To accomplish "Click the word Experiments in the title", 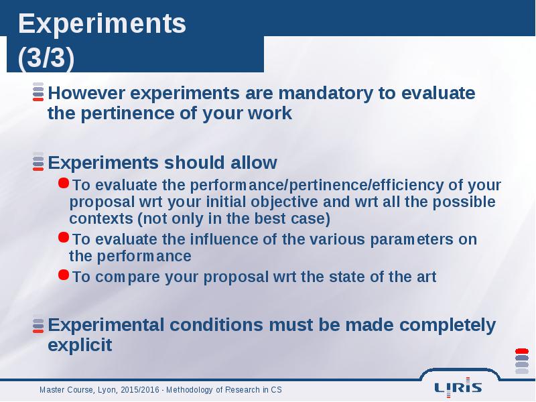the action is (x=102, y=24).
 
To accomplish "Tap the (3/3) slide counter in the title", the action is (x=46, y=58).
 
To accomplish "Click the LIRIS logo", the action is (x=458, y=388).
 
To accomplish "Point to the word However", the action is (x=86, y=93).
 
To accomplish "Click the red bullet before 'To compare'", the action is (x=64, y=275).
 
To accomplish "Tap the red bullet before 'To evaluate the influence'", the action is (x=64, y=237).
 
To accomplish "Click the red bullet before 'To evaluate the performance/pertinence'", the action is (x=64, y=183).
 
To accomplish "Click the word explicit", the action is (x=80, y=345).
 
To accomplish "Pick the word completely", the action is (x=447, y=325).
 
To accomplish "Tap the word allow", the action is (x=254, y=163).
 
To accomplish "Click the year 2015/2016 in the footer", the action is (x=140, y=390).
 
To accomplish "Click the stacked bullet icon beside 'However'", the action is (x=38, y=92).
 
